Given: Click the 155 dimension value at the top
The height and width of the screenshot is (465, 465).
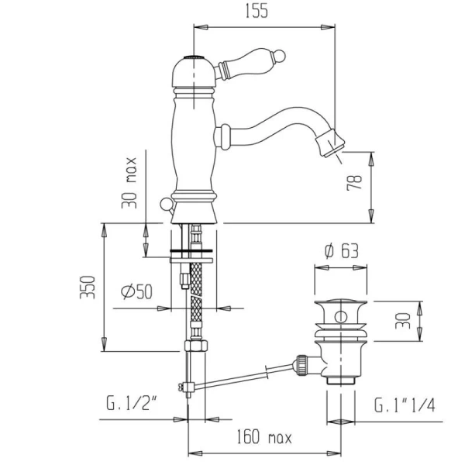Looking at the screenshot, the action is click(x=257, y=11).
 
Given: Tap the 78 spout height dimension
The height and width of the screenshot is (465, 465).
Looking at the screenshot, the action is click(x=354, y=182).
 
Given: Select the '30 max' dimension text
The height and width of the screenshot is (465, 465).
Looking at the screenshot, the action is click(x=129, y=183).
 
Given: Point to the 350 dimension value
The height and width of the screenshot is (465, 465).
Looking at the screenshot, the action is click(x=88, y=287).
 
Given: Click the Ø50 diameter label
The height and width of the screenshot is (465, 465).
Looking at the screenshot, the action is click(x=137, y=291).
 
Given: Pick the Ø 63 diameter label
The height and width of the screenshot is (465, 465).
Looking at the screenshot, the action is click(x=342, y=251).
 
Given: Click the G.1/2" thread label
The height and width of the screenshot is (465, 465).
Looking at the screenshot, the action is click(x=132, y=403).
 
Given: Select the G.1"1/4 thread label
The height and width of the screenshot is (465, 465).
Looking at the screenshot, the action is click(x=405, y=405).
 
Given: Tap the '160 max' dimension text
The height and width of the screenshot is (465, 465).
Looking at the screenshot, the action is click(x=264, y=437).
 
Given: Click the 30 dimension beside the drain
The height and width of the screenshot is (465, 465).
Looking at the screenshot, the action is click(x=403, y=321).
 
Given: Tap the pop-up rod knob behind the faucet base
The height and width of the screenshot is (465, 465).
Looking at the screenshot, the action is click(x=165, y=205).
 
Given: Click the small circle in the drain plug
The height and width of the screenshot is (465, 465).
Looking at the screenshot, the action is click(x=341, y=317).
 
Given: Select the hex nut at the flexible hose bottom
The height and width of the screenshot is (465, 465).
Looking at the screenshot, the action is click(x=196, y=346).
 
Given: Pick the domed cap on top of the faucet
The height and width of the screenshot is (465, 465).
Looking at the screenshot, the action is click(x=193, y=72).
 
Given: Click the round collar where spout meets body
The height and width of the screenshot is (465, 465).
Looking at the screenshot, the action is click(x=222, y=136).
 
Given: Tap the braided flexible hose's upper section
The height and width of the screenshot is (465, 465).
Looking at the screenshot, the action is click(x=196, y=279).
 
